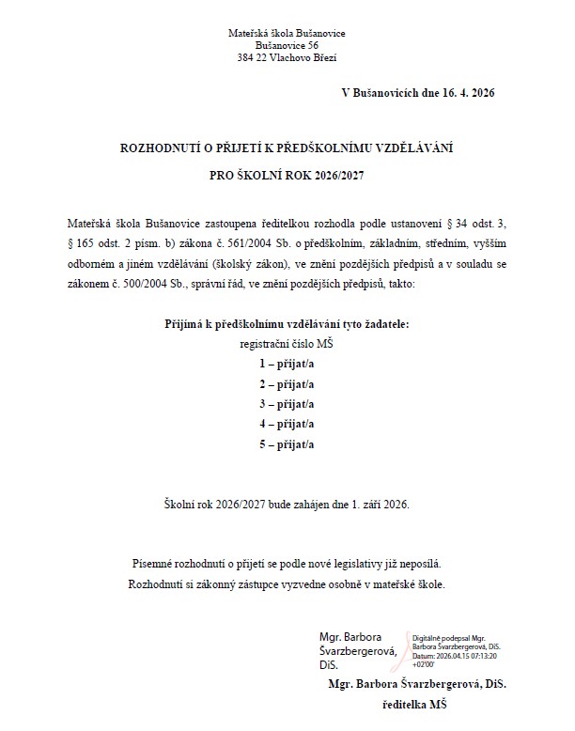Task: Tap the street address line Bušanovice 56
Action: [287, 45]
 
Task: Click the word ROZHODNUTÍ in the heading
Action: [161, 148]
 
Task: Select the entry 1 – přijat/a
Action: [287, 362]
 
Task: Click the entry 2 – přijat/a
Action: [287, 383]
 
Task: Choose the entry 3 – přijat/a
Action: [287, 404]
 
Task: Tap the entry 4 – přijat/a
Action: [287, 425]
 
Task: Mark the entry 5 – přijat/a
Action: [287, 445]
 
